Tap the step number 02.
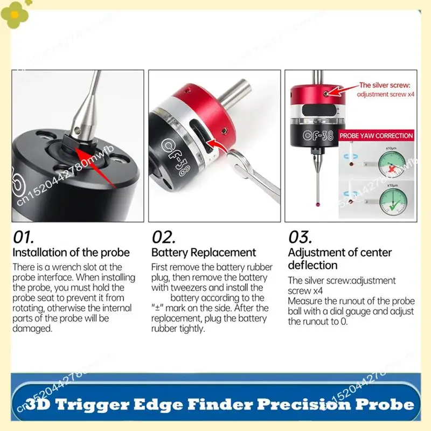[x=164, y=237]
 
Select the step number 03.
[x=301, y=237]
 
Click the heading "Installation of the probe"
[x=71, y=253]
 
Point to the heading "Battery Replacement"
[x=204, y=253]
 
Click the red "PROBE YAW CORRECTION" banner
[x=376, y=136]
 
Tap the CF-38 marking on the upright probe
[x=314, y=136]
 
